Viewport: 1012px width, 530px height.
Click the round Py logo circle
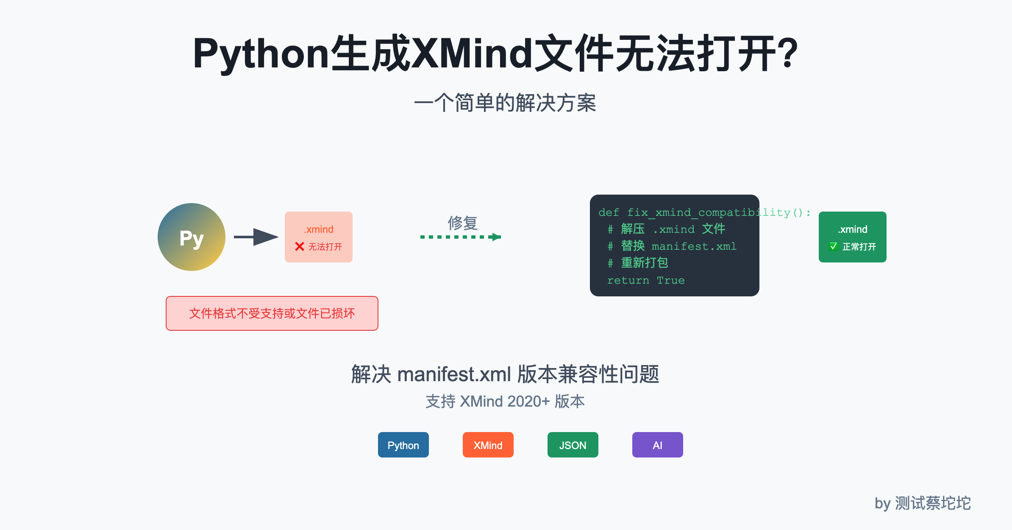pos(192,237)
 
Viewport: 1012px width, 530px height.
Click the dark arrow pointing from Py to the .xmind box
pos(256,237)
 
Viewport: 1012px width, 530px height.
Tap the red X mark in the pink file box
pos(300,246)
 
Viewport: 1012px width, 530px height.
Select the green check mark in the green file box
pos(833,246)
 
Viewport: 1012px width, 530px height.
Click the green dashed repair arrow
pos(461,237)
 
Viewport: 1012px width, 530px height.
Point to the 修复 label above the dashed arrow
pos(462,223)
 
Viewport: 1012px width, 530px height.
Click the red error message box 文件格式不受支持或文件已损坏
pos(272,313)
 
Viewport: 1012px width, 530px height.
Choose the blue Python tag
pos(403,445)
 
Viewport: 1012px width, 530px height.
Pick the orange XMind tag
pos(488,445)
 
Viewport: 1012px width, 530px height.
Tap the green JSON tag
pos(573,445)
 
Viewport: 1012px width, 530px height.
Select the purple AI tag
pos(657,445)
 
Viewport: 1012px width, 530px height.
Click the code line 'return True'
pos(646,280)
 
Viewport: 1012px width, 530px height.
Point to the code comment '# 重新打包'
pos(638,263)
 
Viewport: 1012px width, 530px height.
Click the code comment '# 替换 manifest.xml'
pos(672,246)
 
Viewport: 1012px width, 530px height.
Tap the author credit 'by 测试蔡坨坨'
pos(923,503)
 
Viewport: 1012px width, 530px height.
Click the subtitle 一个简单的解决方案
pos(505,103)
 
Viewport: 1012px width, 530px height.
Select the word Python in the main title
pos(261,54)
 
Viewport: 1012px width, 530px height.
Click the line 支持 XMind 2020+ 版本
pos(505,401)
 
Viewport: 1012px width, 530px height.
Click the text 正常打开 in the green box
pos(859,246)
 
